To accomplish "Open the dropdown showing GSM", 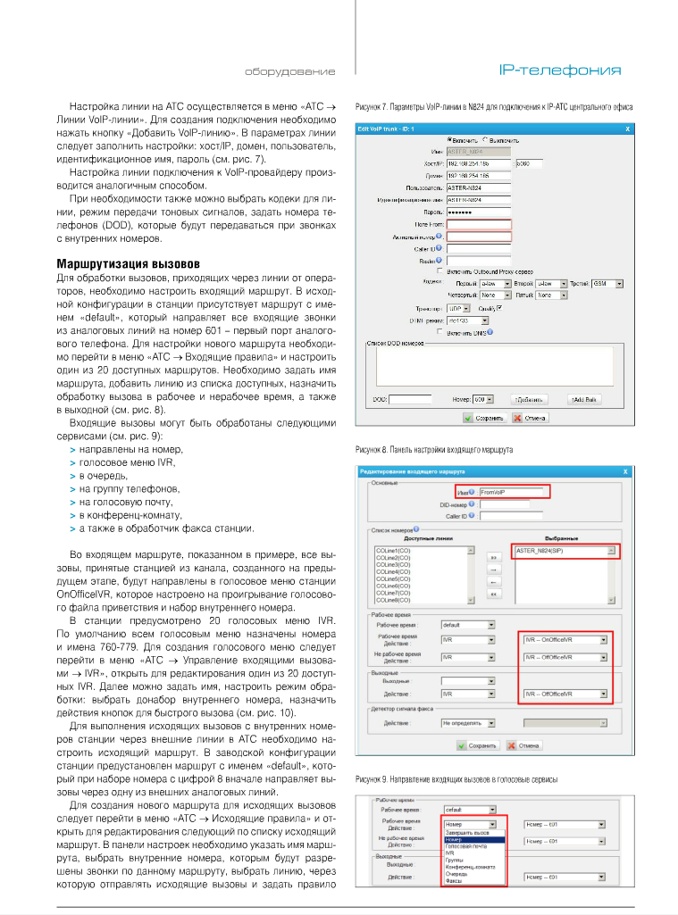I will coord(609,283).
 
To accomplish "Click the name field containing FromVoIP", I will coord(514,491).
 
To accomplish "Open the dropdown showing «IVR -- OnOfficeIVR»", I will coord(565,638).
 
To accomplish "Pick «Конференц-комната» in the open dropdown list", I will coord(471,866).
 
